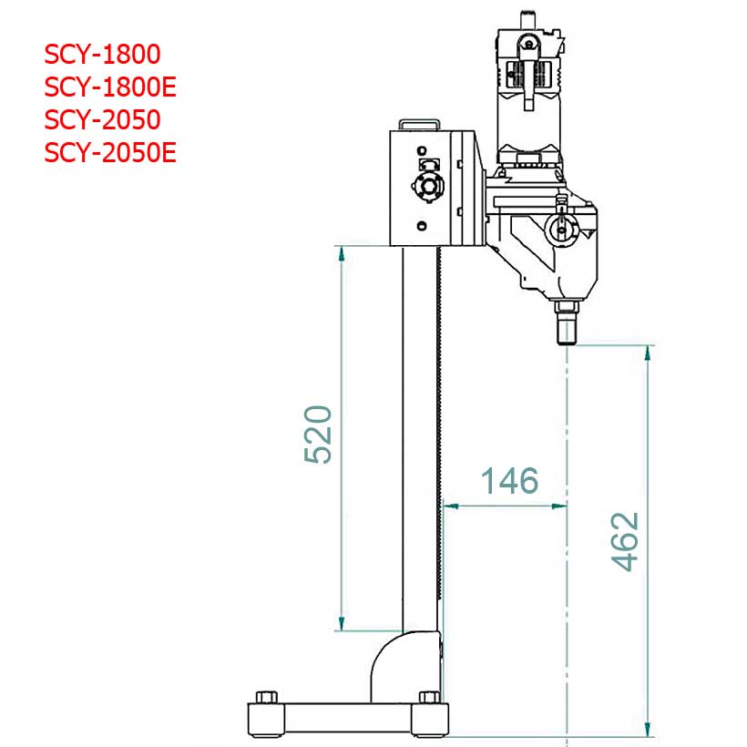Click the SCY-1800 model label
(102, 55)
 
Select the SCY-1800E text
(110, 87)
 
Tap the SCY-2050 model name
(102, 119)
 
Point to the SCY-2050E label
(110, 152)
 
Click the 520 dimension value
(318, 435)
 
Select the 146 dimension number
(509, 480)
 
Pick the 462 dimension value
(625, 541)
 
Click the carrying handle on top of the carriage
(419, 124)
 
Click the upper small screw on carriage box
(422, 150)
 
